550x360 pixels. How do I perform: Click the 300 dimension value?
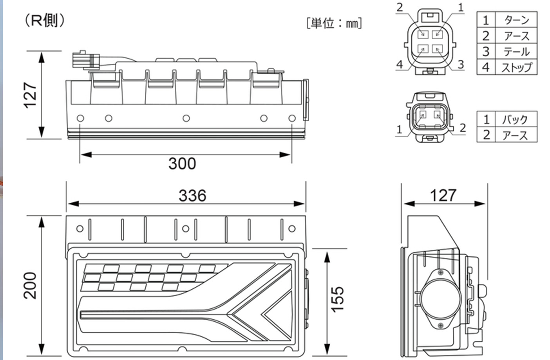pos(182,164)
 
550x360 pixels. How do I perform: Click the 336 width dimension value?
pos(192,195)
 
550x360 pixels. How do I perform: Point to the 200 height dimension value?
pos(30,286)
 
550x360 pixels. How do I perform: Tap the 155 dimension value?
pos(337,299)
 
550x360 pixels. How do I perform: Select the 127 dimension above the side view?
pos(443,195)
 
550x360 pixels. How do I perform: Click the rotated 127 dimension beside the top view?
pos(30,95)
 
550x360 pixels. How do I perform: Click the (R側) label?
pos(44,20)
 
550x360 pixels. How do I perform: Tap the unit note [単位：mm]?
pos(334,23)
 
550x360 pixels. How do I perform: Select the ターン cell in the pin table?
pos(517,20)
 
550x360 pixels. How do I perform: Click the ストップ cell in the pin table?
pos(517,67)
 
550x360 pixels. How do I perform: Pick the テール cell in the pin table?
pos(517,51)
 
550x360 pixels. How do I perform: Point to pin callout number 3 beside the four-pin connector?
pos(461,64)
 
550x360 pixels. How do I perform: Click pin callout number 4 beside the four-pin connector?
pos(400,64)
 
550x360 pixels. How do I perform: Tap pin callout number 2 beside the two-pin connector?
pos(463,128)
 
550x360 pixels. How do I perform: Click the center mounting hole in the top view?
pos(186,118)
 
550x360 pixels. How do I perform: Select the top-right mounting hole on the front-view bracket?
pos(291,229)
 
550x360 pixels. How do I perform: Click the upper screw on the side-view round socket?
pos(441,272)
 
